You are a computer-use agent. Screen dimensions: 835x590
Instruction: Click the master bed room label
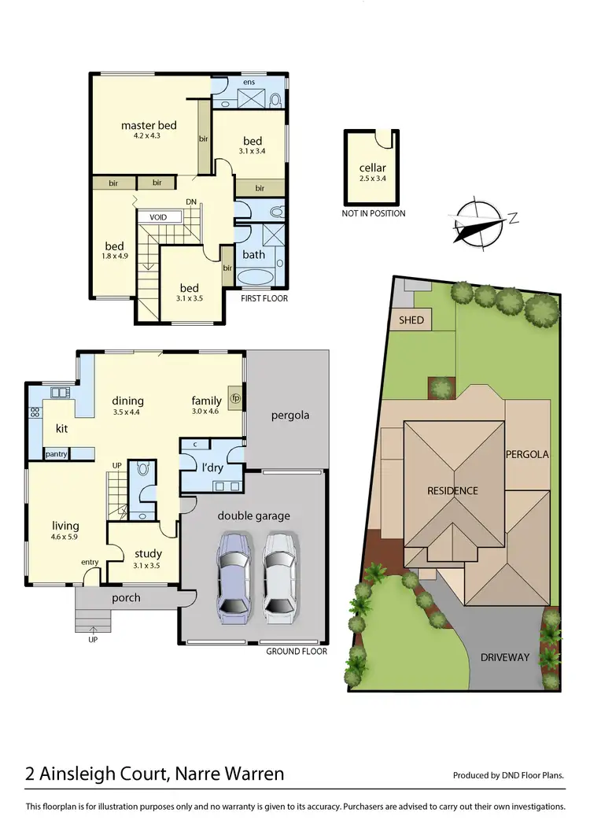148,125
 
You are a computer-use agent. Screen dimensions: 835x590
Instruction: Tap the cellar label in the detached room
372,168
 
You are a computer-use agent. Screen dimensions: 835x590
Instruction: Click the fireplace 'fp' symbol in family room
234,397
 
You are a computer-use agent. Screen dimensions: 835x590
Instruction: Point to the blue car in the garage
234,572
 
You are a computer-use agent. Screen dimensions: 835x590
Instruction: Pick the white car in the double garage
280,572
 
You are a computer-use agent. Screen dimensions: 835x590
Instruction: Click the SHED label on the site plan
411,320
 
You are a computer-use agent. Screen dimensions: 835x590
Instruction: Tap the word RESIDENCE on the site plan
452,491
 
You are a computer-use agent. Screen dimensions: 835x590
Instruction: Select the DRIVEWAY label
506,656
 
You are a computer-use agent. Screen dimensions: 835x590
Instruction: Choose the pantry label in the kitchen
56,453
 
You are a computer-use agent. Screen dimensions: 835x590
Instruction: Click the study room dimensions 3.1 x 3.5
147,565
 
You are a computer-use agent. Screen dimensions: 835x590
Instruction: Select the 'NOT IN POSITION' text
374,213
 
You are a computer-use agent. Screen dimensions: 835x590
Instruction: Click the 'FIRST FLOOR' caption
264,298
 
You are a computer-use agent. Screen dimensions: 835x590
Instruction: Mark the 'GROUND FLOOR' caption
296,651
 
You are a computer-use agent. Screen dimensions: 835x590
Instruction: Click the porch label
126,597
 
